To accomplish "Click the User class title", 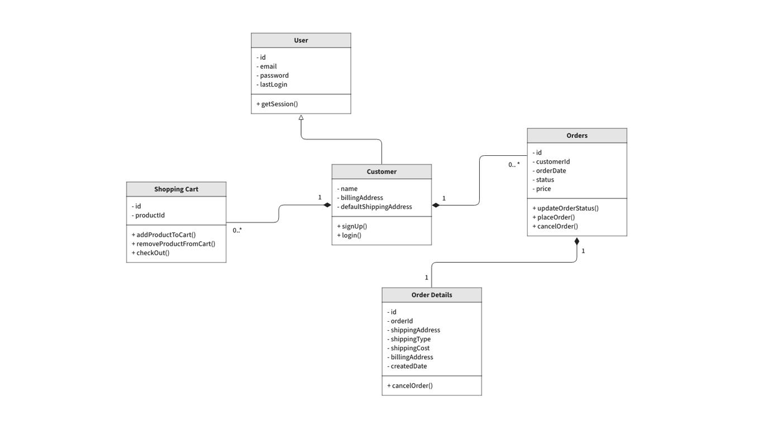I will (x=301, y=40).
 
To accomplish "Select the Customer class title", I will (x=381, y=171).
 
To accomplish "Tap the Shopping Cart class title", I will (x=176, y=189).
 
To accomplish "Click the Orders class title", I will (x=576, y=136).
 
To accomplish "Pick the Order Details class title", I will (x=431, y=295).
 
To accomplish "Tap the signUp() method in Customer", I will (x=352, y=226).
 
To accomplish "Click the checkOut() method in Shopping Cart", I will (x=151, y=253).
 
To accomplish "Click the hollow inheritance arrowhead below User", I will (x=301, y=118).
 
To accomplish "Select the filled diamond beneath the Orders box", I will (x=577, y=241).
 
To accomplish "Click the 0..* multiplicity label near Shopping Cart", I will (x=237, y=230).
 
